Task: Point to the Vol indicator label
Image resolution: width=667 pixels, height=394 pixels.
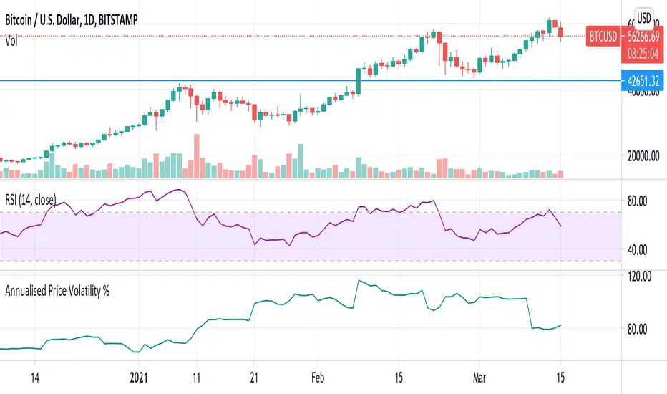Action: tap(11, 42)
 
